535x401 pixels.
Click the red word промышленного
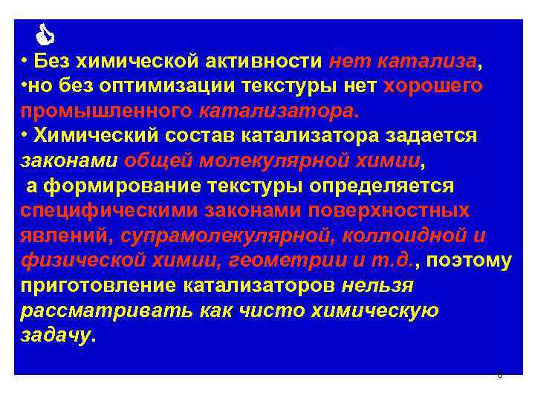click(x=107, y=111)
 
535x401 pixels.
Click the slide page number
click(x=499, y=375)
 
